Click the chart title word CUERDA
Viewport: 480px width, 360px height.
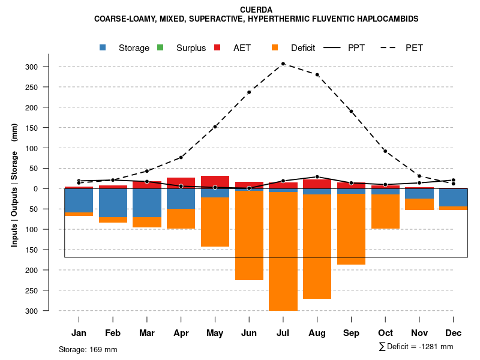click(x=256, y=10)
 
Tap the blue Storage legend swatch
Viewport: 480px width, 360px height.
click(x=103, y=47)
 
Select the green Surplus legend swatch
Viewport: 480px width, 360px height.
click(x=160, y=47)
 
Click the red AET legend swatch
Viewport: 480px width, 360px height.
click(x=218, y=47)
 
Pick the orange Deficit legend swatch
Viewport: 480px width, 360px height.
click(x=275, y=47)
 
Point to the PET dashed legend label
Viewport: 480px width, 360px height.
click(x=414, y=48)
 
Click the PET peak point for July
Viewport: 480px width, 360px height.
click(x=283, y=64)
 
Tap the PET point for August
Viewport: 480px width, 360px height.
click(x=317, y=74)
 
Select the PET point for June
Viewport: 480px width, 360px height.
click(x=249, y=92)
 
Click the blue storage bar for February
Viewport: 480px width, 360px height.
click(x=113, y=203)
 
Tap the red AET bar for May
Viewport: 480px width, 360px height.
click(x=215, y=182)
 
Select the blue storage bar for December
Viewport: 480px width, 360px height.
click(x=453, y=197)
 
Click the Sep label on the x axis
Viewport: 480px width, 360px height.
click(x=351, y=333)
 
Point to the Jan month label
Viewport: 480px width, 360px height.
click(x=79, y=333)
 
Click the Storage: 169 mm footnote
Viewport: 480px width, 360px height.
click(x=88, y=349)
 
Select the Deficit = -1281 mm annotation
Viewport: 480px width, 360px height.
click(x=416, y=346)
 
